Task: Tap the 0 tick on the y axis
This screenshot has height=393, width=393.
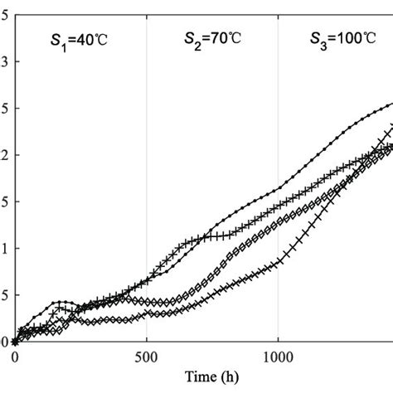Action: click(x=4, y=341)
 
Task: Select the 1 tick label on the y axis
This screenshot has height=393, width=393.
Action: click(x=4, y=248)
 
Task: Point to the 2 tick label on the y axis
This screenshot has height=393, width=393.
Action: click(x=4, y=154)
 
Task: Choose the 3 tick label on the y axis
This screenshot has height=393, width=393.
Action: click(x=4, y=61)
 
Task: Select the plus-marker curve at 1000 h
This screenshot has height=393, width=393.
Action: click(x=277, y=204)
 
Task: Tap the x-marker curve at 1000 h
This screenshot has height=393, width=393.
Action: click(x=277, y=264)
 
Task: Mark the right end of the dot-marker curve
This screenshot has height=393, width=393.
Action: click(x=391, y=104)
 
